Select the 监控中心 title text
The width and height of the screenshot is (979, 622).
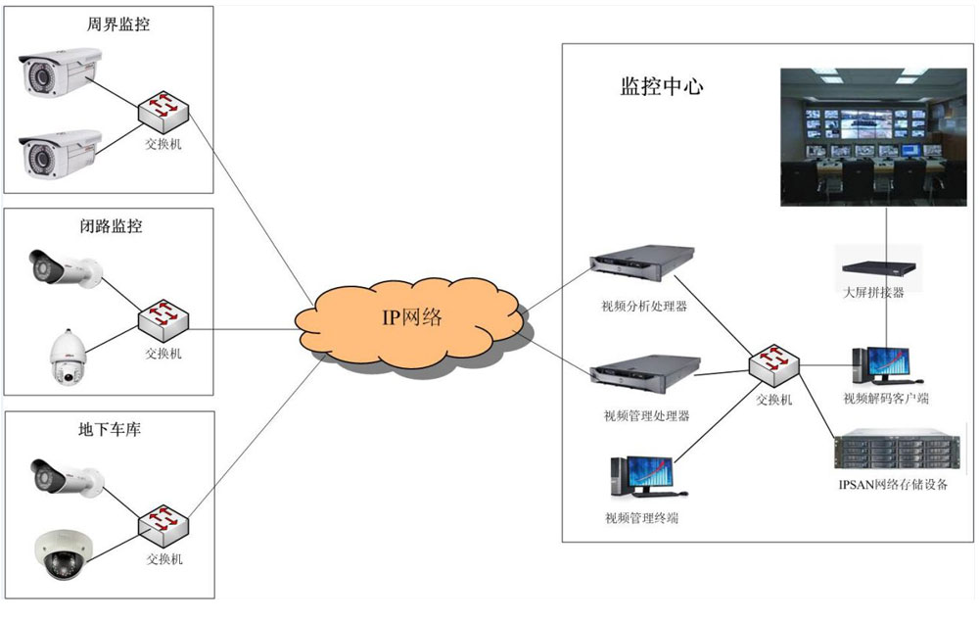662,86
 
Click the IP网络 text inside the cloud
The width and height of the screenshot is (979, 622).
411,318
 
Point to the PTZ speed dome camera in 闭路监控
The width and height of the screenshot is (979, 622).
68,356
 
